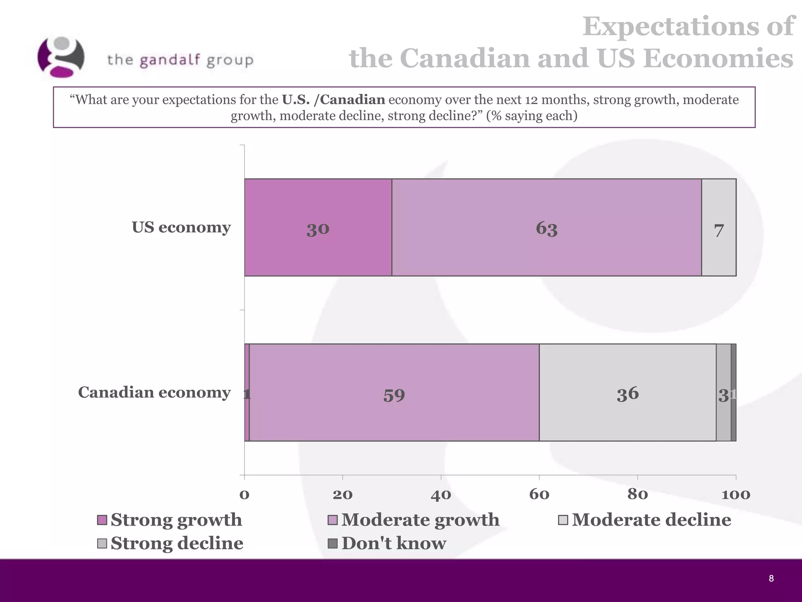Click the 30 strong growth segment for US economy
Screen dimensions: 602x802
point(318,228)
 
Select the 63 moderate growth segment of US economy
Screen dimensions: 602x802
point(546,228)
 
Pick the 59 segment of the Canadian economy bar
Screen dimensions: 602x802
point(394,393)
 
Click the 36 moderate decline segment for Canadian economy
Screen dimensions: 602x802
point(627,393)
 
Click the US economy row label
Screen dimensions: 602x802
point(181,227)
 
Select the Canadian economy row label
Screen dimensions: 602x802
point(154,392)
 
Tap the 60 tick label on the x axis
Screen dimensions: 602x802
point(539,495)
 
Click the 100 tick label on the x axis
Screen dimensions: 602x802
point(736,495)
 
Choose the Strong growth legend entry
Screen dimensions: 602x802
point(176,520)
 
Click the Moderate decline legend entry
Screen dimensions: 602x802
point(651,520)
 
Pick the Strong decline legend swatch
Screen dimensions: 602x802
point(102,544)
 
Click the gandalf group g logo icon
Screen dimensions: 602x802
point(61,57)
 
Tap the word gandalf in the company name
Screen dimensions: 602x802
point(170,60)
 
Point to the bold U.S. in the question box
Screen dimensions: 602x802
point(296,100)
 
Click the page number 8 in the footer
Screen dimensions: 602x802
point(771,578)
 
